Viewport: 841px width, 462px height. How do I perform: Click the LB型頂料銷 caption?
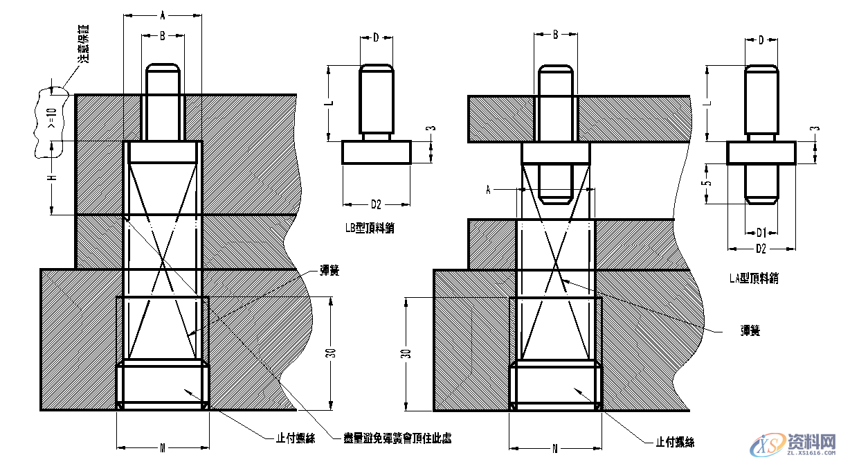tap(374, 226)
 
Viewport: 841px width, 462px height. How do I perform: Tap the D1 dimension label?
tap(761, 231)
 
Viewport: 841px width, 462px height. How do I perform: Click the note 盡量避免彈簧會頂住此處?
tap(393, 437)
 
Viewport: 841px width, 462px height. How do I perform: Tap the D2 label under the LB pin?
tap(376, 204)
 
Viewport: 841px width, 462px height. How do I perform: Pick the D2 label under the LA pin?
tap(761, 248)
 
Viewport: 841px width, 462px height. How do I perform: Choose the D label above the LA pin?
tap(761, 40)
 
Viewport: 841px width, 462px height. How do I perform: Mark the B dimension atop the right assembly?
tap(555, 34)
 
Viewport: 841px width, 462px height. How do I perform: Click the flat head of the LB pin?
tap(377, 152)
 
